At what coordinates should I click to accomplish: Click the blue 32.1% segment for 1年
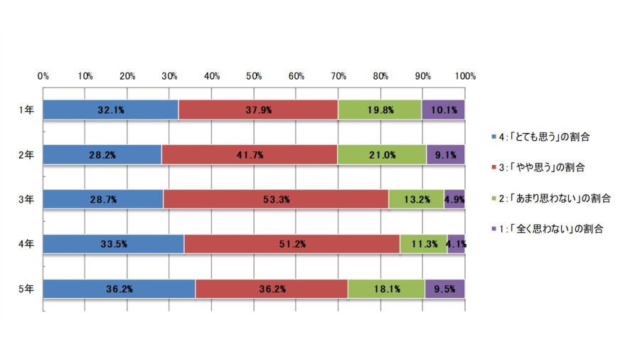[111, 110]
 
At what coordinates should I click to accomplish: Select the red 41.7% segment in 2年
[250, 154]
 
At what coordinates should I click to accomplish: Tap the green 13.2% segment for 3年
[416, 199]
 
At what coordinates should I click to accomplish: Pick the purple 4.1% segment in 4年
[456, 244]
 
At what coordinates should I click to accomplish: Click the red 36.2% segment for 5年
[272, 289]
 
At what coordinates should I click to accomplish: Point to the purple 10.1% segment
[443, 110]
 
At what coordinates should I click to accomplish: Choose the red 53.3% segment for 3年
[276, 199]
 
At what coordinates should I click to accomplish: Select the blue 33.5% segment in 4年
[114, 244]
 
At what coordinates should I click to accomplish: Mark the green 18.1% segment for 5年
[386, 289]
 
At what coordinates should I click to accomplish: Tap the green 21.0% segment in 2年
[382, 154]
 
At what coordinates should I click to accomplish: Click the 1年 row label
[26, 110]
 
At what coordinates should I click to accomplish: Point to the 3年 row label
[26, 200]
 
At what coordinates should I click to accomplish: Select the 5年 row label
[26, 289]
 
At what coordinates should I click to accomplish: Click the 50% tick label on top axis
[254, 76]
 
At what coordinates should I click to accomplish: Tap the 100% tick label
[465, 76]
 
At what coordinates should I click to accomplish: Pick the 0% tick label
[43, 76]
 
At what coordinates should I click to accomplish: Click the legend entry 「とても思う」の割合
[541, 137]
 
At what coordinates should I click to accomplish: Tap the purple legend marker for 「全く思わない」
[494, 228]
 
